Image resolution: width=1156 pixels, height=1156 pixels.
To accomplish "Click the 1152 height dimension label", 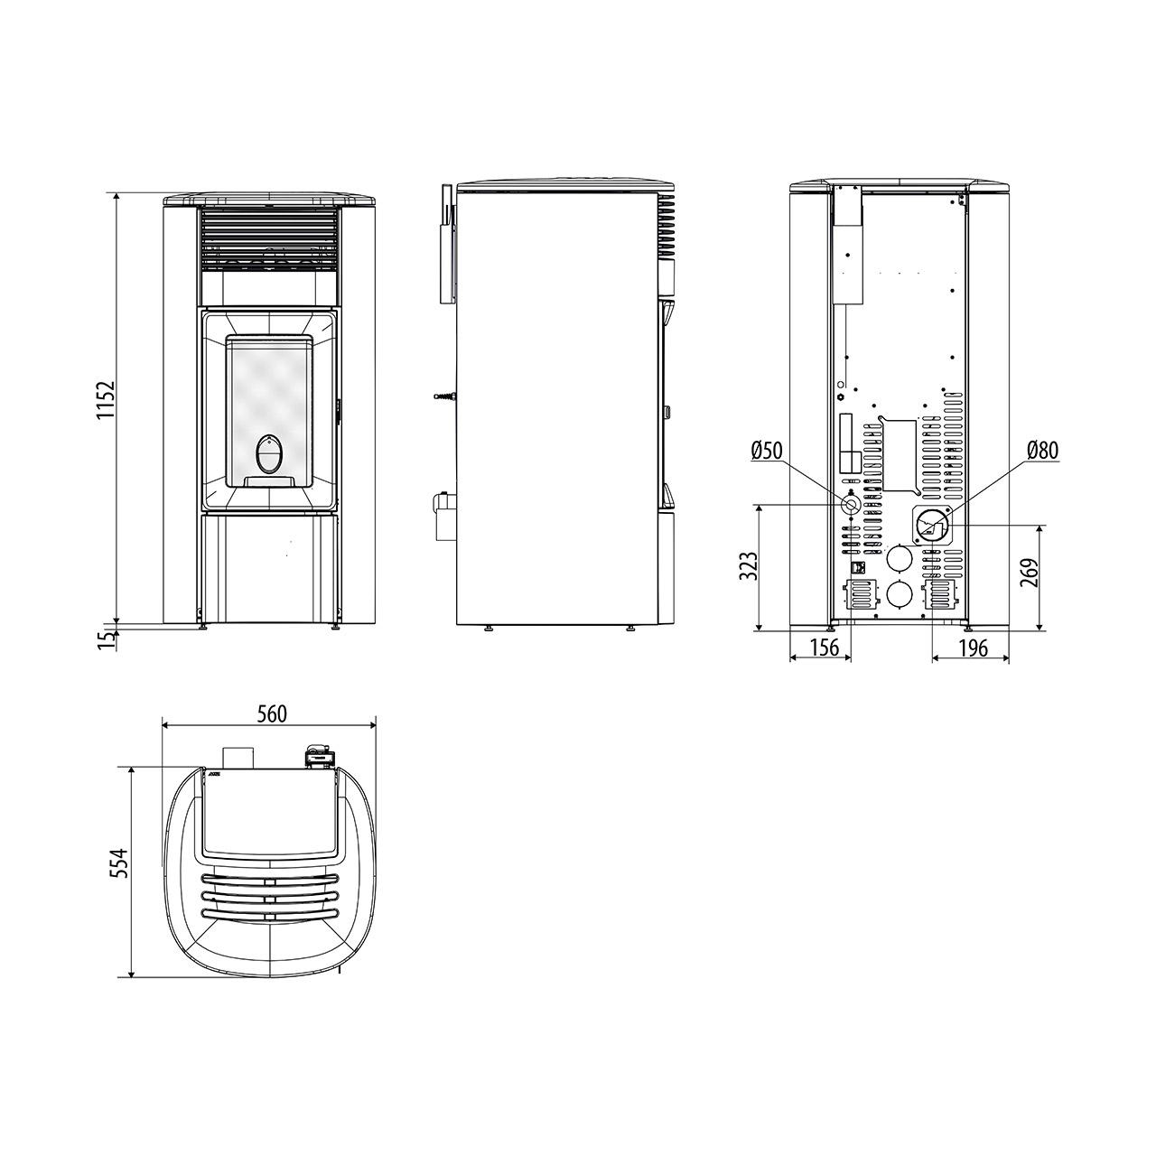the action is (x=107, y=400).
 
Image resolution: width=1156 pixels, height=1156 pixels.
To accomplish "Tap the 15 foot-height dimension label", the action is (x=107, y=639).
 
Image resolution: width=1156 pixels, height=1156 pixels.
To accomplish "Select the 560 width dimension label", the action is (x=272, y=713).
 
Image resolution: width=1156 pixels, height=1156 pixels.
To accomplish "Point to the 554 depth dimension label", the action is (x=122, y=863).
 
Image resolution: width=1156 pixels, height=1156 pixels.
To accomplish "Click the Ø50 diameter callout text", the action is (x=768, y=451).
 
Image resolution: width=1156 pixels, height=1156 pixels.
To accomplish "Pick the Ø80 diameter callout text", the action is (x=1042, y=451).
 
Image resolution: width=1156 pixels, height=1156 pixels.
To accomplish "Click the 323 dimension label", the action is (x=749, y=566).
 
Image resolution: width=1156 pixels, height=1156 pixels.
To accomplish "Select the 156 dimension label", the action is (x=825, y=648).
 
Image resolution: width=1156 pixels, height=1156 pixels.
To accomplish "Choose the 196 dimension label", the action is (x=973, y=648).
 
